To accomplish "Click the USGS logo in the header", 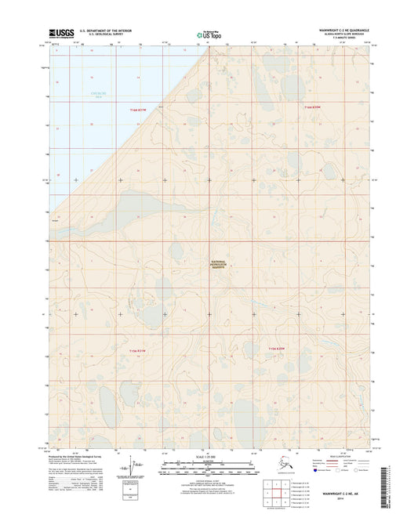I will click(x=61, y=34).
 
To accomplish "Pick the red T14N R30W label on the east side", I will click(x=313, y=107).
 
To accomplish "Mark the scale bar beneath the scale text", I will click(x=209, y=468).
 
